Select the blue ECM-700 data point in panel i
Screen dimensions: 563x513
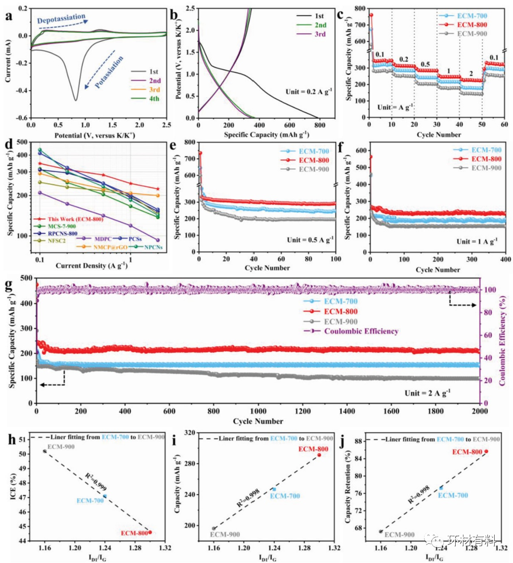[x=274, y=489]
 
